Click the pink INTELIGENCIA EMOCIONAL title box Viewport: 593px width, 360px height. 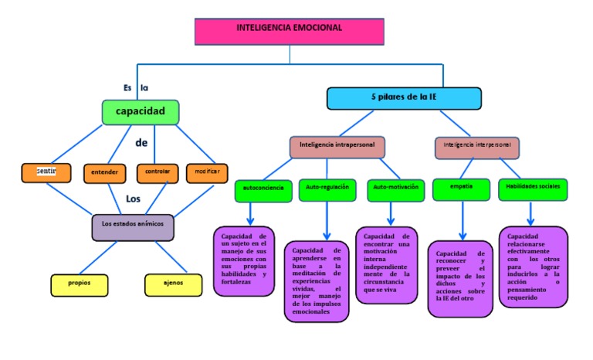click(290, 29)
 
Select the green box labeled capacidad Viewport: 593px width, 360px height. click(141, 112)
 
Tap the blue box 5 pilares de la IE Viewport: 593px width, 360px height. click(404, 98)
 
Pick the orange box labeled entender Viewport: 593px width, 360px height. click(104, 172)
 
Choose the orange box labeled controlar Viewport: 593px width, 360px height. click(157, 172)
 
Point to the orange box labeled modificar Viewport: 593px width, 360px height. click(207, 172)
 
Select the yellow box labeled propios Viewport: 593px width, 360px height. click(79, 284)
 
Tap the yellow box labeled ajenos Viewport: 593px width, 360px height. click(173, 284)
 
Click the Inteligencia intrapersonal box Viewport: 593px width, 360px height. click(337, 145)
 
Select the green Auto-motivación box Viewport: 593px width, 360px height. click(395, 189)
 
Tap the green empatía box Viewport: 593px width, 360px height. click(462, 188)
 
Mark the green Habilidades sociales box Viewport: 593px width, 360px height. click(533, 188)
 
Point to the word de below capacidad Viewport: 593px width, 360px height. click(141, 143)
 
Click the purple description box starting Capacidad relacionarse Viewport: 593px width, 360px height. click(533, 267)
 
